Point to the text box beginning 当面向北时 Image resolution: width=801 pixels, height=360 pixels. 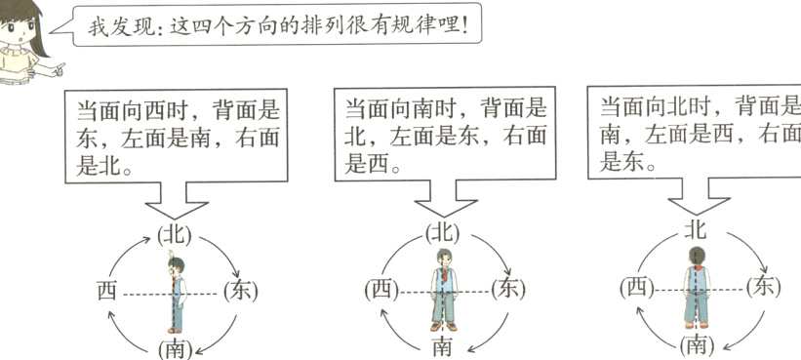697,133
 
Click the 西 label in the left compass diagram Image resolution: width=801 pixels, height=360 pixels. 107,289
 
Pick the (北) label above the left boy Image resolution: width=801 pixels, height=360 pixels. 175,234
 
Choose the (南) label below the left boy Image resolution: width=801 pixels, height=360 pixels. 175,347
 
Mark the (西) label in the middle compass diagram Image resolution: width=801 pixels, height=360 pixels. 380,289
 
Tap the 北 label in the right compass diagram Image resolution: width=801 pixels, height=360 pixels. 696,230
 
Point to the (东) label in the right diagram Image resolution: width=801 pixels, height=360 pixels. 763,286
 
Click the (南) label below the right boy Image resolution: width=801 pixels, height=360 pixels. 697,343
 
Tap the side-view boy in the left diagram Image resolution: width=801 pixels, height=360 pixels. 177,291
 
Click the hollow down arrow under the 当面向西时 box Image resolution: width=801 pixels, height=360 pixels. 176,207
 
